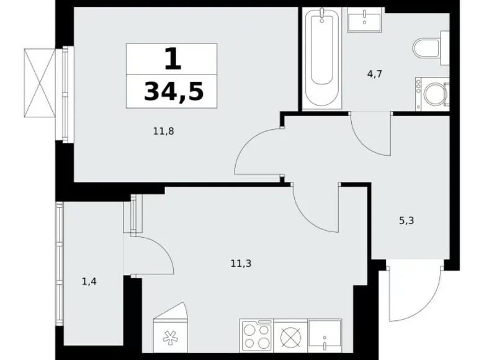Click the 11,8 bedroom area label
coord(164,132)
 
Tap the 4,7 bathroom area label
coord(375,74)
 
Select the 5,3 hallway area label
coord(406,221)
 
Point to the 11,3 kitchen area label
coord(241,264)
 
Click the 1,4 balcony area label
coord(89,282)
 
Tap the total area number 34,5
coord(174,92)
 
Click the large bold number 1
coord(173,60)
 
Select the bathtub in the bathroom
coord(322,58)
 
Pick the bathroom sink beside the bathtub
coord(364,19)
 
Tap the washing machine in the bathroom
coord(432,94)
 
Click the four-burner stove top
coord(256,336)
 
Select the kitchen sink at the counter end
coord(325,336)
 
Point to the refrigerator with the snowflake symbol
coord(171,327)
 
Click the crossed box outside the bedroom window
coord(40,83)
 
